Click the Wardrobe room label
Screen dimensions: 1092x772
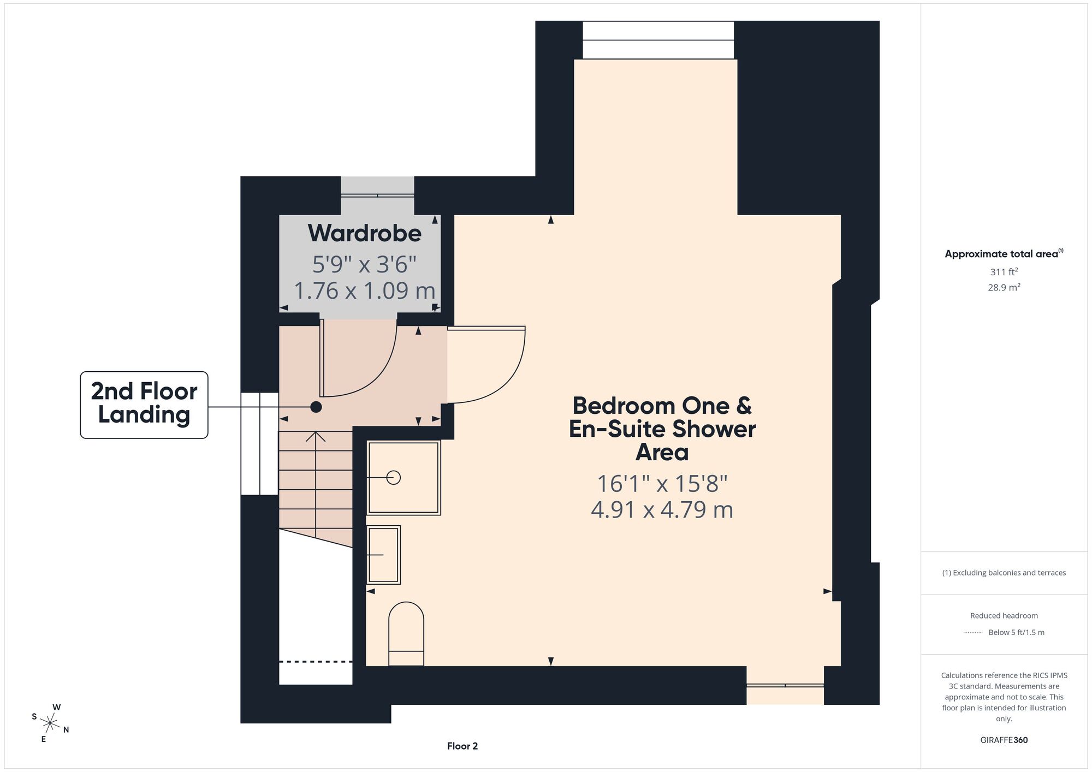(x=364, y=233)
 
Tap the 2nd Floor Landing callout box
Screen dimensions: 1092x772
(x=144, y=405)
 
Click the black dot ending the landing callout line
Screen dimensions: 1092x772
(x=316, y=407)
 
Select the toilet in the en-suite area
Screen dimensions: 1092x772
(x=406, y=634)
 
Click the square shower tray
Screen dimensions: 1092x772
(x=403, y=478)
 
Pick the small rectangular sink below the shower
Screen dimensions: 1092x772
(x=383, y=555)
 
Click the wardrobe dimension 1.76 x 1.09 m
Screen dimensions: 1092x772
(x=364, y=290)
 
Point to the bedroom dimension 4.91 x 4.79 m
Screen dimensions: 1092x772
(x=662, y=509)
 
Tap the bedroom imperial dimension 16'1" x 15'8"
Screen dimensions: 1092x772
(x=662, y=484)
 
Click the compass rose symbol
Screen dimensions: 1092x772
(x=50, y=724)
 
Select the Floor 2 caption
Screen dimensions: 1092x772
(x=462, y=746)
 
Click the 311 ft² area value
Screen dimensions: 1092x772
(x=1004, y=271)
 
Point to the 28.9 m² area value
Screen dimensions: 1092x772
(x=1004, y=287)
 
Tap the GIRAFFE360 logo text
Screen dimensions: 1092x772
(x=1004, y=740)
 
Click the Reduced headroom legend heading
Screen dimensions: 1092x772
(x=1004, y=616)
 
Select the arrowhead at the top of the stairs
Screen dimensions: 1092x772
(x=316, y=436)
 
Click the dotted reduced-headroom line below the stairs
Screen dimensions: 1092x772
(x=316, y=662)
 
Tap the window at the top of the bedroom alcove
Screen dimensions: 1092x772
(x=658, y=40)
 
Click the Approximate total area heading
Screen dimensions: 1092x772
(x=1004, y=254)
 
